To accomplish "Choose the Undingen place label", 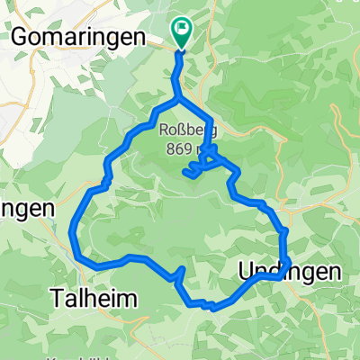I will click(291, 271).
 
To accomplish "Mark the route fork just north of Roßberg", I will click(178, 98).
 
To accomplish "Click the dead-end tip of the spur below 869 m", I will click(185, 169).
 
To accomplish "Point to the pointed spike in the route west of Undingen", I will click(183, 269).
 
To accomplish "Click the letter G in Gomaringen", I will click(19, 36).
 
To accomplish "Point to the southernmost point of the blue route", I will click(212, 308).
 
